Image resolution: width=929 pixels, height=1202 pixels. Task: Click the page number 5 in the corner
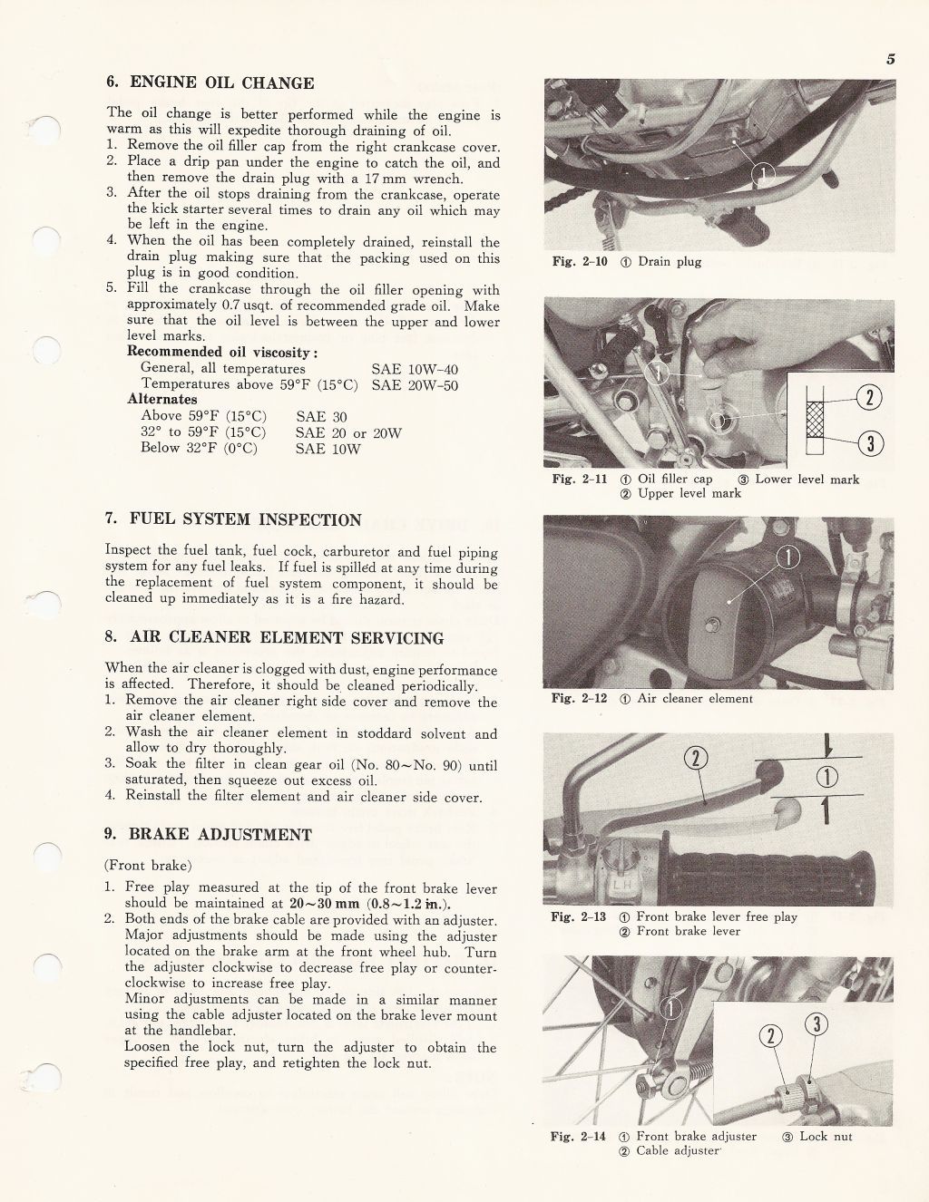tap(891, 60)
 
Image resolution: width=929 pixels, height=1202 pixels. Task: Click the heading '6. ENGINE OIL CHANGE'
tap(210, 83)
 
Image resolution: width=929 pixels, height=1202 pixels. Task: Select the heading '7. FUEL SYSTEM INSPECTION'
tap(233, 519)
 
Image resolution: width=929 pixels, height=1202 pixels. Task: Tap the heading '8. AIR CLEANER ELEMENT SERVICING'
tap(275, 637)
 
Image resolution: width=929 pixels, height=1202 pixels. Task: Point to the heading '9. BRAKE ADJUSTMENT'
tap(208, 835)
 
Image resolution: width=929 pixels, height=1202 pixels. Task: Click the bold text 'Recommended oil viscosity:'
tap(223, 352)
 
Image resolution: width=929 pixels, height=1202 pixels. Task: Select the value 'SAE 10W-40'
tap(415, 369)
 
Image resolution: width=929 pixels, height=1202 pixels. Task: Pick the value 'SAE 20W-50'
tap(415, 385)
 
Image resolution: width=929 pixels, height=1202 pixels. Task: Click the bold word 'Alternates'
tap(162, 400)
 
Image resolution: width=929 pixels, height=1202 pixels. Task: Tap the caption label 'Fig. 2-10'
tap(580, 262)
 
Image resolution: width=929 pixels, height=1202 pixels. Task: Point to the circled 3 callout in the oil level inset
tap(869, 442)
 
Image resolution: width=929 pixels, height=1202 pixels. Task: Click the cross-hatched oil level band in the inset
tap(817, 420)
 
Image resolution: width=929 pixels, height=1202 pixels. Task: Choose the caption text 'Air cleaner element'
tap(695, 699)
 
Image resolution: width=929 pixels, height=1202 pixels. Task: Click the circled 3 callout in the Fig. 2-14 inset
tap(817, 1024)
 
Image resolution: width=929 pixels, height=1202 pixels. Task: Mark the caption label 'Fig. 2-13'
tap(579, 916)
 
